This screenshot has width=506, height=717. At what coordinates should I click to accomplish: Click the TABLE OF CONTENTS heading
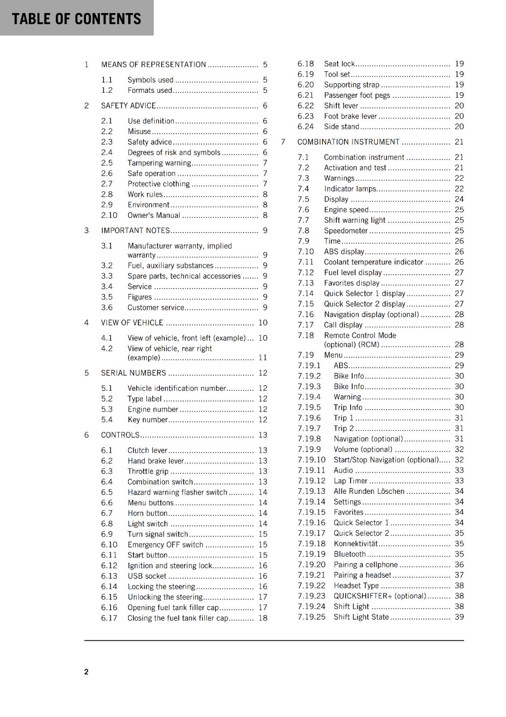coord(76,19)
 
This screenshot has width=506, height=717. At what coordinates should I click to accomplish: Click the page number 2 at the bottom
coord(86,671)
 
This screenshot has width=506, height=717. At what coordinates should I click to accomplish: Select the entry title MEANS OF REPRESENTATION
coord(153,65)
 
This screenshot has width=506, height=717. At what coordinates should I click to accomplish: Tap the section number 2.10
coord(109,215)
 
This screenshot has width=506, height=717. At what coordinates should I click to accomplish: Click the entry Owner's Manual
coord(154,215)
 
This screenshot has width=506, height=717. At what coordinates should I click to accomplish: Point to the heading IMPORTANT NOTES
coord(135,230)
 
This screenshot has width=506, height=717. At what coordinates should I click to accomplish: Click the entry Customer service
coord(155,307)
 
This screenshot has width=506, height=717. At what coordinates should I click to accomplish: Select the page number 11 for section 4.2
coord(262,358)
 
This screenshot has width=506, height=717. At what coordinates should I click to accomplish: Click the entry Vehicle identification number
coord(176,388)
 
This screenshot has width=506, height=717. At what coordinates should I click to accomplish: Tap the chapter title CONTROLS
coord(120,435)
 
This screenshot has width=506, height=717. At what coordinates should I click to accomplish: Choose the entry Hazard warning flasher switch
coord(177,492)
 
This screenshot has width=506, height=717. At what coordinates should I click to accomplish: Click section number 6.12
coord(109,566)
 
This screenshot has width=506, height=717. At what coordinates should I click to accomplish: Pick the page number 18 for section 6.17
coord(262,618)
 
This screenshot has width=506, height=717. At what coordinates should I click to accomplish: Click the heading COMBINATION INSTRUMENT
coord(348,142)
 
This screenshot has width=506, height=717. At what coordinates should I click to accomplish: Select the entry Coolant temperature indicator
coord(373,262)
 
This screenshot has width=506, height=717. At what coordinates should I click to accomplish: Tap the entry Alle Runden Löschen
coord(369,491)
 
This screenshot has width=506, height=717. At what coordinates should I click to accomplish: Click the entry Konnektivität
coord(356,544)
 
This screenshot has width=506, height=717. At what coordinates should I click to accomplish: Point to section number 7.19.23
coord(311,596)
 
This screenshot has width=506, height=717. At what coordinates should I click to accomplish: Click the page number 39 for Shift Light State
coord(459,617)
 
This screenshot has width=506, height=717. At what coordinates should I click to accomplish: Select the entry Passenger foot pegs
coord(357,95)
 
